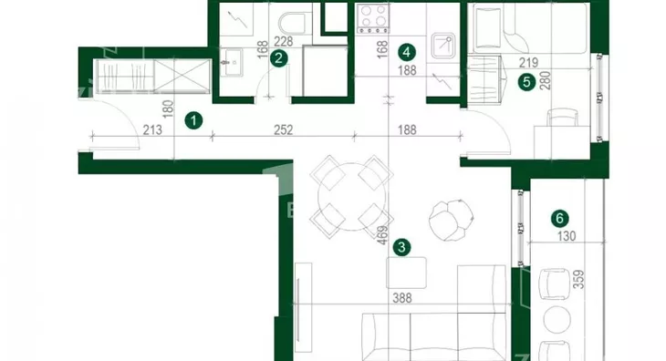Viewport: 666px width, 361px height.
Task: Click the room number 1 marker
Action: pos(193,121)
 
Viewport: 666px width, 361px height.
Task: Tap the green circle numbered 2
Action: pos(278,58)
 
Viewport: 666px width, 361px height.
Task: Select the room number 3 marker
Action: pos(401,247)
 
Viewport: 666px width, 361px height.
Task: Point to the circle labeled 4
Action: pos(407,52)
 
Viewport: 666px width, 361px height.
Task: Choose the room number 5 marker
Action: pos(526,82)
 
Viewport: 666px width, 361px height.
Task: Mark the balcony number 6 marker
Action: pos(559,219)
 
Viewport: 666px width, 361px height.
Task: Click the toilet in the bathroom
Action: pos(293,23)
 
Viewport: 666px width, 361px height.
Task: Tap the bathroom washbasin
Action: pos(232,63)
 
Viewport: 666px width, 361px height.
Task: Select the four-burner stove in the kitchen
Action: pos(373,18)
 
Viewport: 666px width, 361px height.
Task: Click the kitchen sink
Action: pos(443,46)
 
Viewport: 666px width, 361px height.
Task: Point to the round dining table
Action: pos(351,196)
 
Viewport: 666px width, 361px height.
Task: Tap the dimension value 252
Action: pos(284,129)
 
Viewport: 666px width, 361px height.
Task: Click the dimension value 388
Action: pos(401,298)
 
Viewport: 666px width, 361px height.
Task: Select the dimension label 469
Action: pos(382,235)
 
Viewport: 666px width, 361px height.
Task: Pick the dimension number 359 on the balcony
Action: pos(578,280)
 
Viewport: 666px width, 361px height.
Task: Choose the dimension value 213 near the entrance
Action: pos(152,129)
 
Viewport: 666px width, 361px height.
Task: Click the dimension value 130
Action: pos(567,236)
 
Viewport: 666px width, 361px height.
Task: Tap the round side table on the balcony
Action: pos(557,320)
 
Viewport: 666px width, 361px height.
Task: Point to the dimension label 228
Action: pos(284,42)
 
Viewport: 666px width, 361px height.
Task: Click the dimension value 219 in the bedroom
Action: pos(529,63)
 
